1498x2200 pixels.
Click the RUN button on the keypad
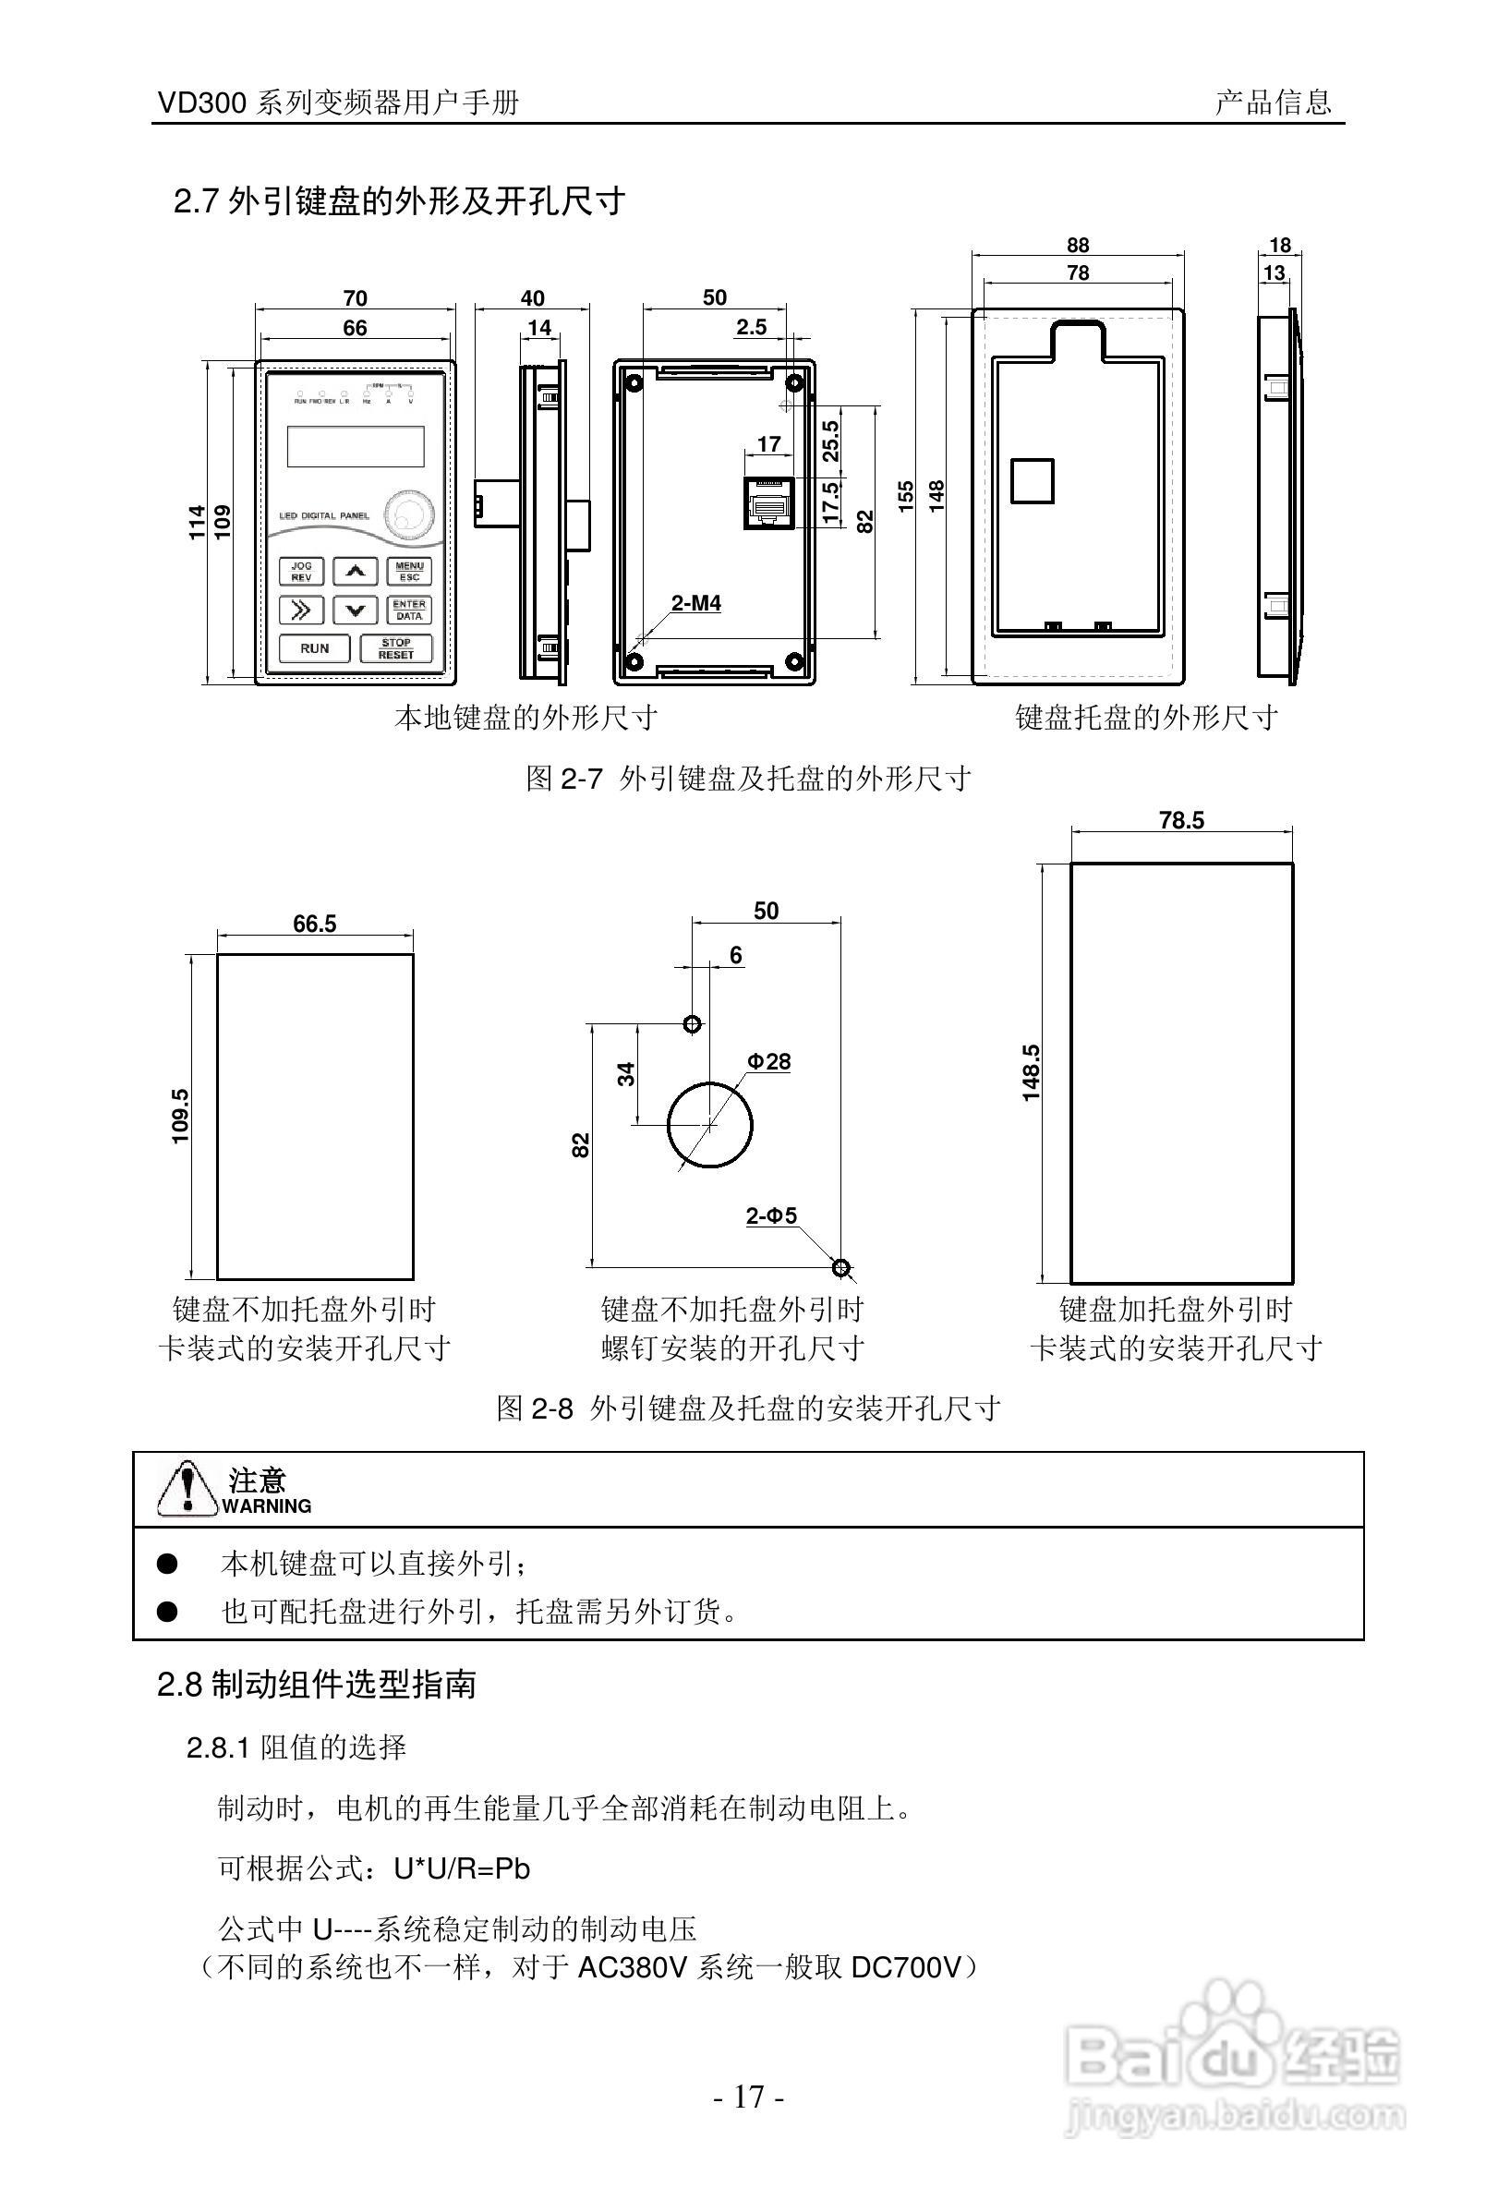[315, 648]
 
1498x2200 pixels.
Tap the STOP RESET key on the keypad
[395, 648]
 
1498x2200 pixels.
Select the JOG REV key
[301, 572]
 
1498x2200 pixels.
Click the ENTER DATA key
[409, 610]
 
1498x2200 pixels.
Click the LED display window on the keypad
[355, 446]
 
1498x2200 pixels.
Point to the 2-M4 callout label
[695, 603]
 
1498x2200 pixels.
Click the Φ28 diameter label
[768, 1061]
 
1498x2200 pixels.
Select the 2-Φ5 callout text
[771, 1215]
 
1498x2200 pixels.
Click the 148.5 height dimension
[1031, 1072]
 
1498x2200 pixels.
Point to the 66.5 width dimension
[314, 924]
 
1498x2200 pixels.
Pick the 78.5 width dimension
[1181, 820]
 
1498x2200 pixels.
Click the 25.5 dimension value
[831, 441]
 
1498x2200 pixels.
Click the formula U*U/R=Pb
[462, 1868]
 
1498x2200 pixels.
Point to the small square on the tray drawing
[1033, 481]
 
